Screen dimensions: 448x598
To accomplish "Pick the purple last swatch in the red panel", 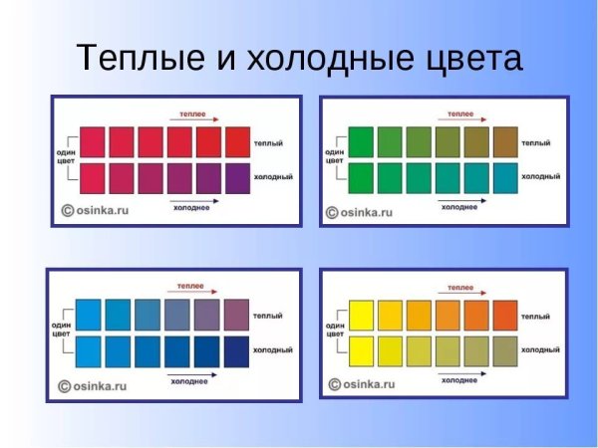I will [239, 177].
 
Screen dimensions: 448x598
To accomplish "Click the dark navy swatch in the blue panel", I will [237, 351].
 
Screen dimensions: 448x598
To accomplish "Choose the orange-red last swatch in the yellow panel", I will [506, 315].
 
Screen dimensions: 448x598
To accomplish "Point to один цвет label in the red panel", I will [66, 157].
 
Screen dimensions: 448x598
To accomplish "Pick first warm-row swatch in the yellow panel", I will [361, 315].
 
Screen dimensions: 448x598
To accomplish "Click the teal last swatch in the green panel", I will [505, 177].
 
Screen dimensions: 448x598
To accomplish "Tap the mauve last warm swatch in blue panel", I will [237, 315].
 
